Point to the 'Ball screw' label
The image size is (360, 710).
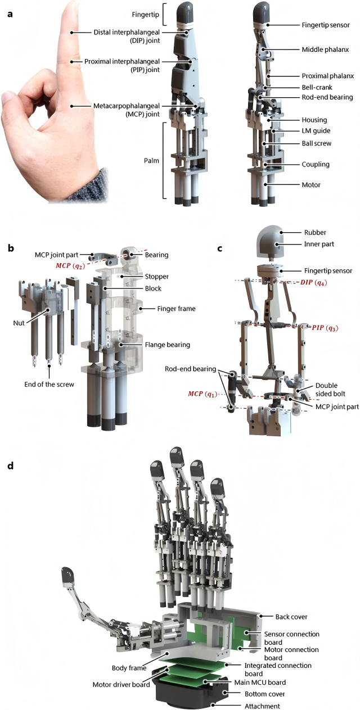316,143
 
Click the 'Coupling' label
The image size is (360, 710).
316,164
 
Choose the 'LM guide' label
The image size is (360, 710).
315,131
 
